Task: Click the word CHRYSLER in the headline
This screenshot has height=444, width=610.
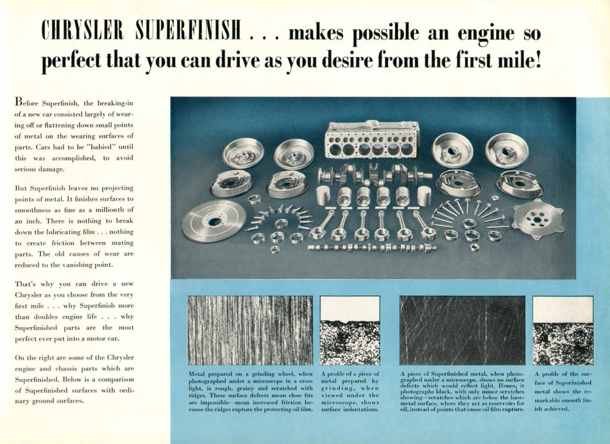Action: click(x=82, y=31)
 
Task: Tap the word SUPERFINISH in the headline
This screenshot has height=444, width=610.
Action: click(x=188, y=31)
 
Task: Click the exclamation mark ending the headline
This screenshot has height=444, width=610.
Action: click(x=538, y=61)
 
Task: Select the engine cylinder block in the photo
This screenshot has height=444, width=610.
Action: click(x=372, y=140)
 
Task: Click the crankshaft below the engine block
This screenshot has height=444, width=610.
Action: click(x=375, y=175)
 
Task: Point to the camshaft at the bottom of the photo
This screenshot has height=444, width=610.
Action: click(x=371, y=247)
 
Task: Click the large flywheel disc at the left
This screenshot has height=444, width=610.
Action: click(x=214, y=222)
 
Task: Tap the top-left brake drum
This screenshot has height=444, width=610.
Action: click(x=243, y=153)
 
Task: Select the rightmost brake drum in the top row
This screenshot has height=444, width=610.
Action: click(x=506, y=150)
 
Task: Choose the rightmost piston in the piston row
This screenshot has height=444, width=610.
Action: click(x=424, y=196)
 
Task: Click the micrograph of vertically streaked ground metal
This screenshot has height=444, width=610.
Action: click(x=250, y=331)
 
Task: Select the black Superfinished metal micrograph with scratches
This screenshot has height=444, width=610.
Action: click(x=462, y=331)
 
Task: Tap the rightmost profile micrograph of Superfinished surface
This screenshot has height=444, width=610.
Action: click(x=563, y=331)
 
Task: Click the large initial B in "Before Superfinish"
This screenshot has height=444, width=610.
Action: click(x=18, y=102)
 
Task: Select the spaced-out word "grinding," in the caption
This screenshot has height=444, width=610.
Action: click(x=337, y=388)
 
